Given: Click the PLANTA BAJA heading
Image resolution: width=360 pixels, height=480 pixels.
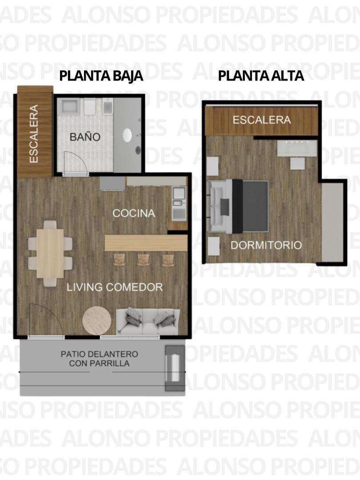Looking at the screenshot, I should tap(101, 76).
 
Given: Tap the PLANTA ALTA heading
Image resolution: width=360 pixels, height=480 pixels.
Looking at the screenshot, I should tap(261, 76).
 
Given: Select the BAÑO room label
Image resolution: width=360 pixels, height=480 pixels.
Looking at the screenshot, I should tap(84, 137).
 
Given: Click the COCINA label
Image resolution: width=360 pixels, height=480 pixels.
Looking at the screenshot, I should tap(134, 213).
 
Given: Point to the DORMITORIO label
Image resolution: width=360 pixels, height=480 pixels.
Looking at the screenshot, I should tap(266, 245).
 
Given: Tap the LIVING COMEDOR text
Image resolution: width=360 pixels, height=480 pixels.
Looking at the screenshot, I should tap(115, 287).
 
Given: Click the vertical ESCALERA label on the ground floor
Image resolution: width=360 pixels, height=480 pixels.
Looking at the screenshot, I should tap(34, 134).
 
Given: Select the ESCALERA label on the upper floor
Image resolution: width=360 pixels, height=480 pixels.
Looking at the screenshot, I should tap(261, 120).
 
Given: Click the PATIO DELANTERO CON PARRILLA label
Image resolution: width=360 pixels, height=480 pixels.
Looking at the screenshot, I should tap(99, 359).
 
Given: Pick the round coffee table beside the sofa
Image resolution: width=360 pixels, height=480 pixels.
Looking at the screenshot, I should tap(96, 320).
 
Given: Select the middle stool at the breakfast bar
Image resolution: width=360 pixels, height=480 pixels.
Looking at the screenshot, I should tap(143, 259).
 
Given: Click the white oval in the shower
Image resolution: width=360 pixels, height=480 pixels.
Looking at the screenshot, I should tap(128, 135).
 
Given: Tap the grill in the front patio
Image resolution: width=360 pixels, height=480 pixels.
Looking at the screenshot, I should tap(174, 368).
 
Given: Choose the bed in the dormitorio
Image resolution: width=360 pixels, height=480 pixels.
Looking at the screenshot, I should tap(240, 207).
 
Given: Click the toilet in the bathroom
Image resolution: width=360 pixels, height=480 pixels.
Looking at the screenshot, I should tap(90, 107).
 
